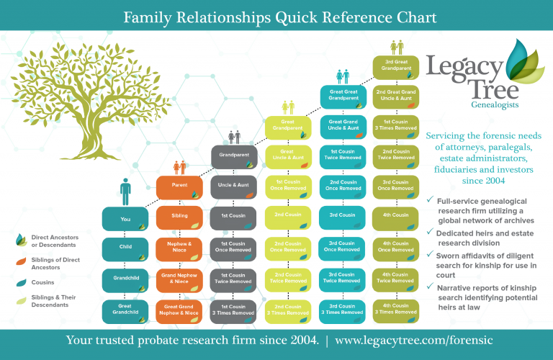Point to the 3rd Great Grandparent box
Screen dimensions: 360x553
[395, 66]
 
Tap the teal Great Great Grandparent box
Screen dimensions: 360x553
[341, 94]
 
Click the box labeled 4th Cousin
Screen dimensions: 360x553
[395, 215]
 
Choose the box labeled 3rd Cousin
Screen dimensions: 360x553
[341, 215]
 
